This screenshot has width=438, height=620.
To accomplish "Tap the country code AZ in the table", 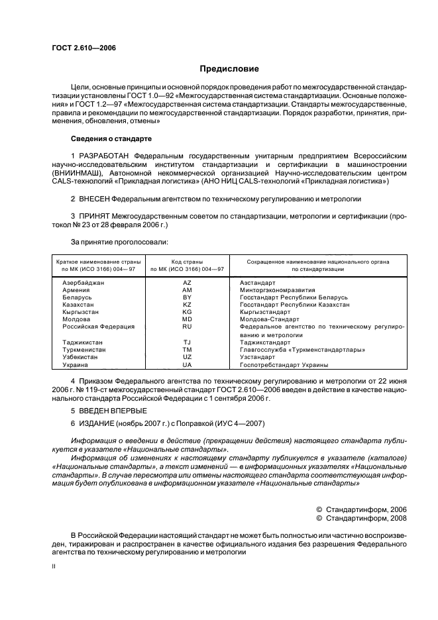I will pyautogui.click(x=187, y=282).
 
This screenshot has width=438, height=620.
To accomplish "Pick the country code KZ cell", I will pyautogui.click(x=187, y=305).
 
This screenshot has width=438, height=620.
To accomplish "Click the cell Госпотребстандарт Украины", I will pyautogui.click(x=284, y=365).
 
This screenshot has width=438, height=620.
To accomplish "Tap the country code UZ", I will pyautogui.click(x=187, y=357).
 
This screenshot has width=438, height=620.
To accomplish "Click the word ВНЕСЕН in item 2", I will pyautogui.click(x=94, y=198).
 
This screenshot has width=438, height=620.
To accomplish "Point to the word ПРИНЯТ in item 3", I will pyautogui.click(x=93, y=216).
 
